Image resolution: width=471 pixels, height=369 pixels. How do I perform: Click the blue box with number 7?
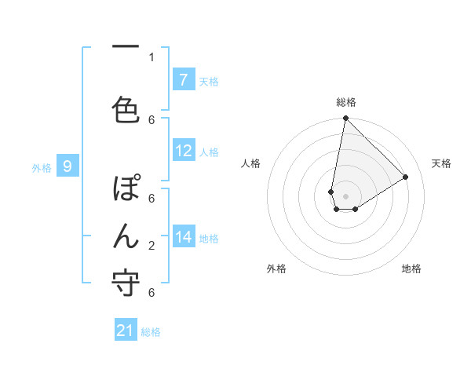click(x=184, y=80)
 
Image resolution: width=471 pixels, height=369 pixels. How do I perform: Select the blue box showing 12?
click(x=184, y=151)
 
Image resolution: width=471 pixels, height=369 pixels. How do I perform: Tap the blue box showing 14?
click(x=184, y=237)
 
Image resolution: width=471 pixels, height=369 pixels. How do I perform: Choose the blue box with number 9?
click(x=68, y=166)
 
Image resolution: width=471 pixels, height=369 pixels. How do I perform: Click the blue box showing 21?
click(x=126, y=331)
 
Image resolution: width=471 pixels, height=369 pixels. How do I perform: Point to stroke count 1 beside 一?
click(x=152, y=57)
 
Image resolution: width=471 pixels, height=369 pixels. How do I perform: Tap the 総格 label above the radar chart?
click(x=346, y=102)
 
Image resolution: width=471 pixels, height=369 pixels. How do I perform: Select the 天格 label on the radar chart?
click(x=441, y=163)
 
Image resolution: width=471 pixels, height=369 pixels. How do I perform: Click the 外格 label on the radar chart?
click(x=276, y=269)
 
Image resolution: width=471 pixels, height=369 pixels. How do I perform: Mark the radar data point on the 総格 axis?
click(x=345, y=119)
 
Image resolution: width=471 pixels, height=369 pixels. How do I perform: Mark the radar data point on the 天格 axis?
click(x=406, y=177)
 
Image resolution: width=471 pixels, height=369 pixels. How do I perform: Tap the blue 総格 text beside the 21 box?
click(x=151, y=332)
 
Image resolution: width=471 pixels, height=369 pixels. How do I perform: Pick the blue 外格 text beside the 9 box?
click(x=41, y=167)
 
